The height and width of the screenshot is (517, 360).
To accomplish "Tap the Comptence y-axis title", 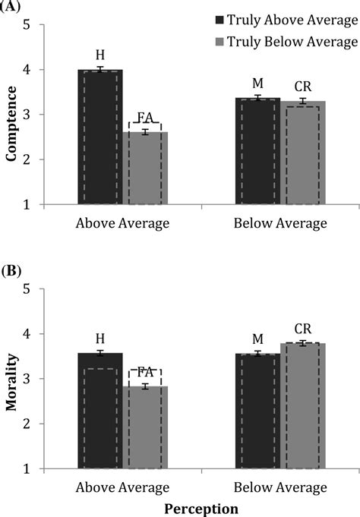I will pyautogui.click(x=12, y=114).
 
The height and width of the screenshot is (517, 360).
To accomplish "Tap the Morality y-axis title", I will pyautogui.click(x=12, y=379).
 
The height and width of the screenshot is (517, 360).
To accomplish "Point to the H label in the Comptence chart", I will pyautogui.click(x=99, y=55).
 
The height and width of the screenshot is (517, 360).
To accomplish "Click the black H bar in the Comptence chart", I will pyautogui.click(x=99, y=137).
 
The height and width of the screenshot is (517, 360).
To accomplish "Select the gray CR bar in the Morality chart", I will pyautogui.click(x=302, y=406).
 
